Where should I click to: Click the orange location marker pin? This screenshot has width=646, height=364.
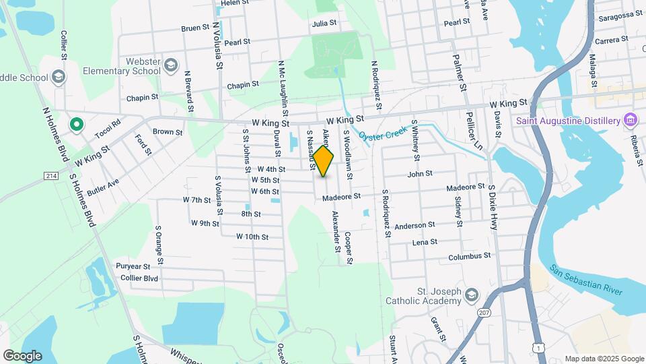[x=323, y=161]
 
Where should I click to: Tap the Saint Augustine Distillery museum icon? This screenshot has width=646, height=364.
[x=631, y=121]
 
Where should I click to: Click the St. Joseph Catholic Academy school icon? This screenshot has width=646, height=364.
[x=472, y=295]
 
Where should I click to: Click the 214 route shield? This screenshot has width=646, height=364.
[x=51, y=176]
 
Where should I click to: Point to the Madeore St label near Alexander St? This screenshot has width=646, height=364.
[x=341, y=197]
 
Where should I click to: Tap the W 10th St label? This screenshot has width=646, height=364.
[x=252, y=237]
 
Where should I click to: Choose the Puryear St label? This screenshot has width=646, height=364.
[x=133, y=267]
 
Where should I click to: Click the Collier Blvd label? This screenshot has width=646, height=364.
[x=139, y=278]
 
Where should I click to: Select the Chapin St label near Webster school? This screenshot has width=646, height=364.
[x=142, y=97]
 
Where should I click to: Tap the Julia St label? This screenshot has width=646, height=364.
[x=324, y=23]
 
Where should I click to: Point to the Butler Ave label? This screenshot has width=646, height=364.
[x=103, y=187]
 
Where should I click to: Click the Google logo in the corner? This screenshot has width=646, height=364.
[x=22, y=355]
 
